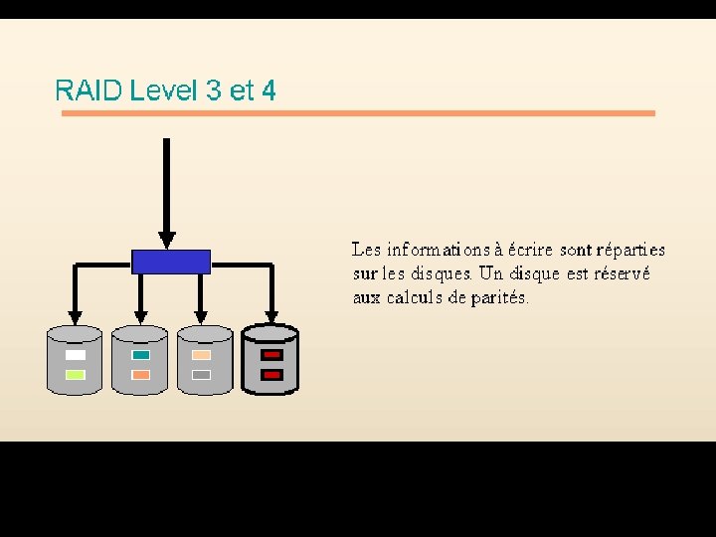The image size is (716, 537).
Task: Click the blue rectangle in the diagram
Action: pos(171,262)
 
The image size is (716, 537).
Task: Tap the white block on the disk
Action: pos(76,355)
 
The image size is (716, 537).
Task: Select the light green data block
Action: pos(76,375)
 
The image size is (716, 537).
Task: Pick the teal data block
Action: pos(140,355)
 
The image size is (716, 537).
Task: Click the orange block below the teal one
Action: pos(140,375)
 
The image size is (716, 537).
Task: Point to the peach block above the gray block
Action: pos(202,355)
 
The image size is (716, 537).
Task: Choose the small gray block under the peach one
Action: pos(202,375)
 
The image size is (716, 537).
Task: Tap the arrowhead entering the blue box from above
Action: pos(167,240)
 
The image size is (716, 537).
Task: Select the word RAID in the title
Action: pos(89,91)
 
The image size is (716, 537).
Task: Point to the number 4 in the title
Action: pos(268,91)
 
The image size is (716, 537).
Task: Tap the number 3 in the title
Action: pos(213,91)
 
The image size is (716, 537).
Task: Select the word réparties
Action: pos(630,250)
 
